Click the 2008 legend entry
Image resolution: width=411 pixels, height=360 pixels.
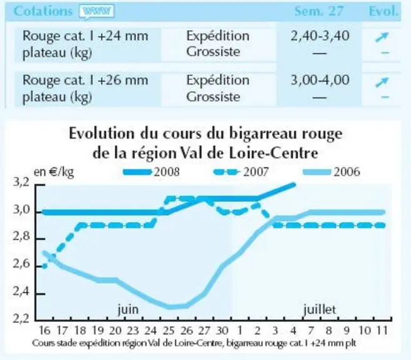tap(152, 172)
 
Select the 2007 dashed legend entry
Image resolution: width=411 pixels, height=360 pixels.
tap(241, 172)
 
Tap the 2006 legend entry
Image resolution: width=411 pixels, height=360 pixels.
tap(332, 172)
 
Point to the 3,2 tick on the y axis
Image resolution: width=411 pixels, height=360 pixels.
tap(21, 182)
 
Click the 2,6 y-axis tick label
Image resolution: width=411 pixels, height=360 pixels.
tap(21, 264)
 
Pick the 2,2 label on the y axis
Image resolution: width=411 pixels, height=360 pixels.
tap(21, 319)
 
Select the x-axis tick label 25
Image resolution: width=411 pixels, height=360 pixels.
tap(169, 331)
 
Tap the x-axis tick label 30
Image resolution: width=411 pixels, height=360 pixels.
tap(222, 331)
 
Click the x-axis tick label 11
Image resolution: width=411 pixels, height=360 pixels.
tap(382, 331)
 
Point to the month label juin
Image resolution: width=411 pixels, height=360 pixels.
tap(128, 309)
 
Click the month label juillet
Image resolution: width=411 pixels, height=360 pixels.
tap(320, 309)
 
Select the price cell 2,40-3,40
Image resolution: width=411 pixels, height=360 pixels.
tap(320, 36)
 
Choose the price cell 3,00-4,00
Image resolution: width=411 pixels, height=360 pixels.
tap(320, 80)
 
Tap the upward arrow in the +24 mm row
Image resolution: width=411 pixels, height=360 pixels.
tap(382, 37)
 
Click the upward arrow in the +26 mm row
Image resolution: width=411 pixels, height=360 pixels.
tap(382, 82)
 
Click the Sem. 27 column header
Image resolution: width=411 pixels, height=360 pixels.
tap(319, 11)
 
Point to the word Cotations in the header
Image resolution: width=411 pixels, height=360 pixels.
tap(42, 11)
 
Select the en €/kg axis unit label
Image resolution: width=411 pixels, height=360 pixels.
tap(54, 172)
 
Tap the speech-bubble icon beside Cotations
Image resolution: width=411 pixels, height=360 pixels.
tap(97, 12)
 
